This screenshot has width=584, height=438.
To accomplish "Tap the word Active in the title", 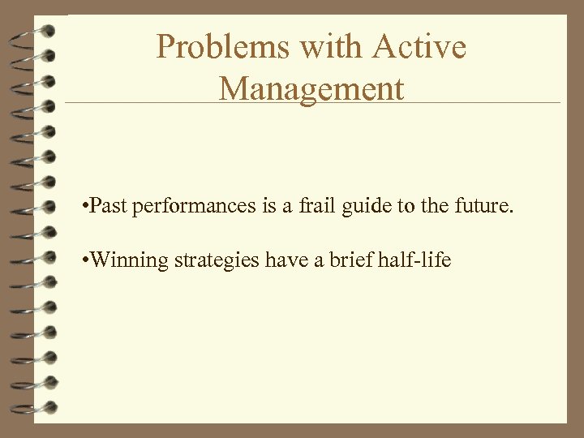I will pyautogui.click(x=419, y=47).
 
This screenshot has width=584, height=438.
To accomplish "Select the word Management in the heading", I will pyautogui.click(x=311, y=88).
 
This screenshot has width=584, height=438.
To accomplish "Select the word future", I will pyautogui.click(x=479, y=206).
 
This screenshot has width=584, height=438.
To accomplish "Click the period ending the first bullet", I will pyautogui.click(x=512, y=212).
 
